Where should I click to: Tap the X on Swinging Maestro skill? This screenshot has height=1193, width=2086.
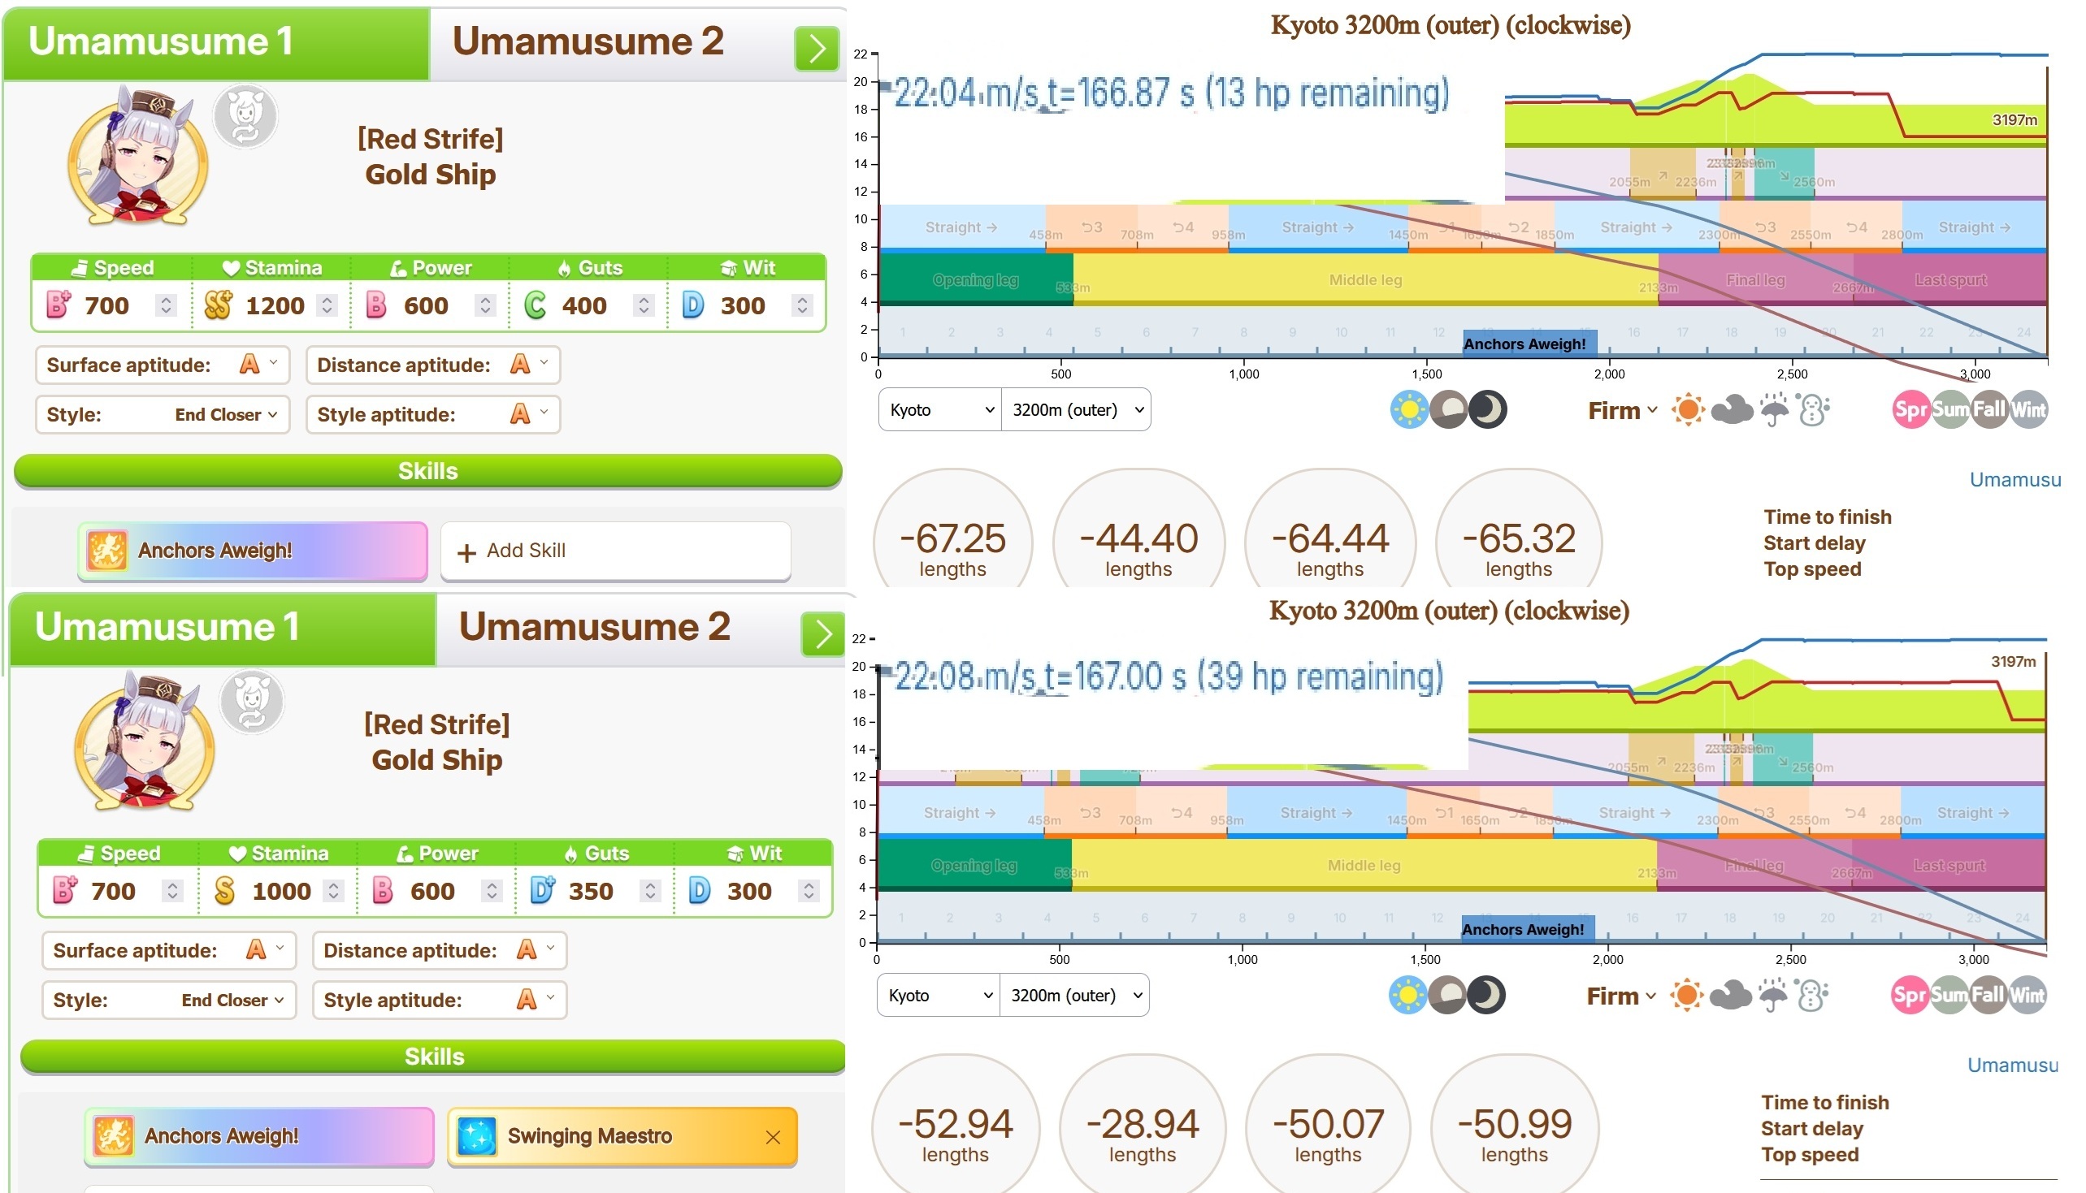click(x=772, y=1137)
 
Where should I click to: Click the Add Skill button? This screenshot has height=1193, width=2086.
click(x=614, y=551)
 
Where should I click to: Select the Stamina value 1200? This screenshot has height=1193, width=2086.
click(x=275, y=305)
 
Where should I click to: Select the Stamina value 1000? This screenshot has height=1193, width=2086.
click(x=281, y=892)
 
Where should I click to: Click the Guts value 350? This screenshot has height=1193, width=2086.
click(x=590, y=892)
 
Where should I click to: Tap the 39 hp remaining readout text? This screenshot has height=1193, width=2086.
click(x=1320, y=676)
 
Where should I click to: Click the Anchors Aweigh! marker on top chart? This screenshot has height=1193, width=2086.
click(x=1524, y=344)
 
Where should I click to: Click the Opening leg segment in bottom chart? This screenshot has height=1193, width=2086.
click(x=974, y=865)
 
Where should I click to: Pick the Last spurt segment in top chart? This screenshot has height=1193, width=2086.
click(x=1951, y=280)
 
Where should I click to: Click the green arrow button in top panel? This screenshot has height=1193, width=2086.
click(x=817, y=49)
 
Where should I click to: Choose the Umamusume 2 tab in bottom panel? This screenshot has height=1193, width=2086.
click(x=594, y=628)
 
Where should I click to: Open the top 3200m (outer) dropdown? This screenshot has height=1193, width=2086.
click(x=1075, y=409)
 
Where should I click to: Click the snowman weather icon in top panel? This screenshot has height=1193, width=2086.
click(x=1813, y=409)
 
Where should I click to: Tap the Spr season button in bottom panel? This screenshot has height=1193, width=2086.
click(x=1908, y=996)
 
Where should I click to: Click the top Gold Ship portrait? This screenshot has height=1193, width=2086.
click(x=137, y=156)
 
